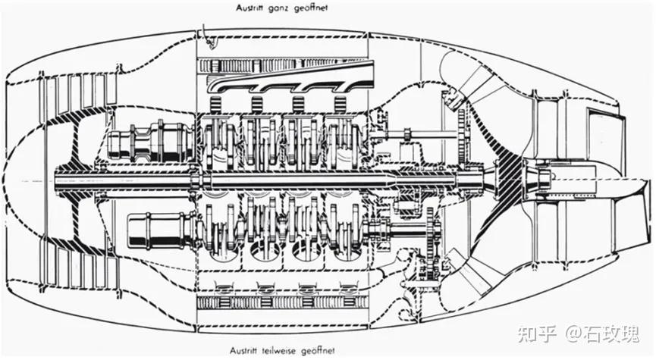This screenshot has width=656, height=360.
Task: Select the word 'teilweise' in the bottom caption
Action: [x=290, y=351]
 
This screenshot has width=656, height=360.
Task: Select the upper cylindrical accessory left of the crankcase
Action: [x=149, y=140]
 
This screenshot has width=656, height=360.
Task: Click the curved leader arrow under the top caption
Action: [x=208, y=32]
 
